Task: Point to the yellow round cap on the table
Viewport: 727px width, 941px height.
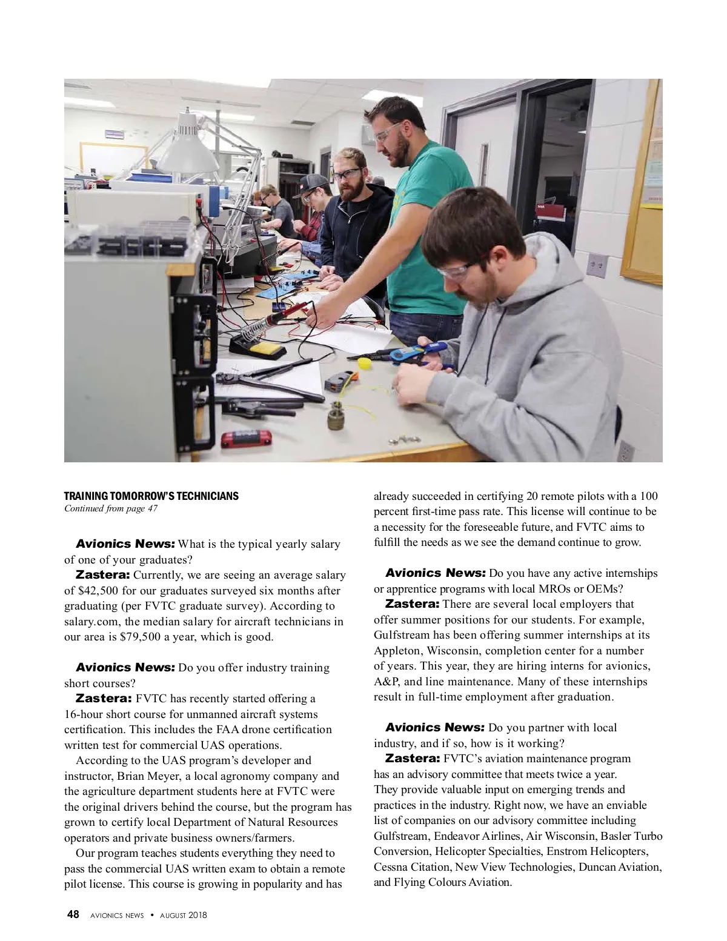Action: point(364,364)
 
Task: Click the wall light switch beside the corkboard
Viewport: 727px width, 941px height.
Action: point(597,265)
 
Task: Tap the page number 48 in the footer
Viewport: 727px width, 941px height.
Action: point(73,914)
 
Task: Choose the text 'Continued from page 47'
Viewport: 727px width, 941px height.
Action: point(111,509)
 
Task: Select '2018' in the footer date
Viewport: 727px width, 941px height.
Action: point(198,915)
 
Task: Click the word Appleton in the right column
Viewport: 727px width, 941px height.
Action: point(397,651)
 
